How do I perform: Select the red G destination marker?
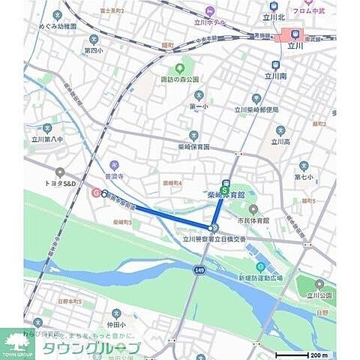[x=95, y=192]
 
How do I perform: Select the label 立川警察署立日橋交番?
[x=214, y=239]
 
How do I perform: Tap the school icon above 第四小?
[x=93, y=39]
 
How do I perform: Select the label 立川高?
[x=280, y=141]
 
